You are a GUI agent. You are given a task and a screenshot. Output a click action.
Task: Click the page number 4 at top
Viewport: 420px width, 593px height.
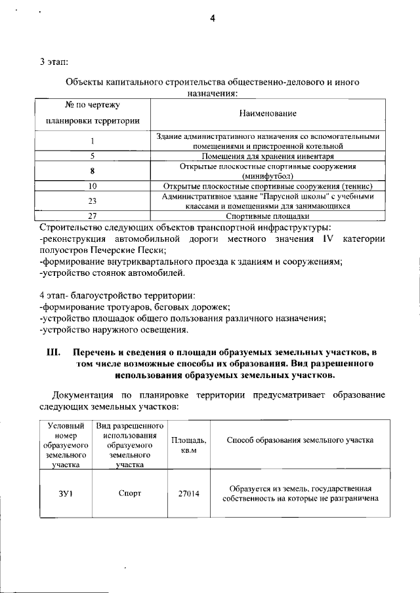[213, 18]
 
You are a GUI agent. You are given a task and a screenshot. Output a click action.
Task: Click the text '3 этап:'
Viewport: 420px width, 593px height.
[53, 63]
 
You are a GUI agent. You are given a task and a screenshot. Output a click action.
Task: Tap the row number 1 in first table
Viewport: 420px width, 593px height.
[93, 141]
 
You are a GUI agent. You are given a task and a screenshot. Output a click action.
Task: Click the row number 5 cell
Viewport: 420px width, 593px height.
[93, 157]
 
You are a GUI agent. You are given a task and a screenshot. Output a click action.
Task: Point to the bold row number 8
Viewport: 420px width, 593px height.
[93, 171]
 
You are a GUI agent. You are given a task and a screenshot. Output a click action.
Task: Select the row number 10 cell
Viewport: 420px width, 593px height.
[93, 186]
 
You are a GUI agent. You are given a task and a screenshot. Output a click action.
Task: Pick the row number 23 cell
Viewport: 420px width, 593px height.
[93, 201]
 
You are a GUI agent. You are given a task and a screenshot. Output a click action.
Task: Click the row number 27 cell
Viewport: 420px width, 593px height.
[93, 216]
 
